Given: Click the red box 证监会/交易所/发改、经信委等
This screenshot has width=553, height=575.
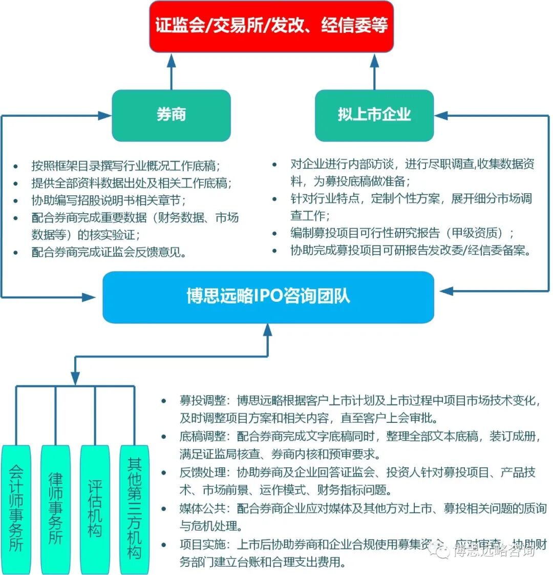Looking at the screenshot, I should (x=271, y=26).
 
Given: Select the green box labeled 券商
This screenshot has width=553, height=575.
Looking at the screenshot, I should (x=171, y=115).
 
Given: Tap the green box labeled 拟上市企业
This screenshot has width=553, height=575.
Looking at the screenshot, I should (x=374, y=115).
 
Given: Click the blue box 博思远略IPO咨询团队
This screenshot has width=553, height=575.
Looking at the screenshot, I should (x=268, y=297).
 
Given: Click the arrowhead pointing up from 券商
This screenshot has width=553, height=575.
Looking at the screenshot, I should (x=171, y=60).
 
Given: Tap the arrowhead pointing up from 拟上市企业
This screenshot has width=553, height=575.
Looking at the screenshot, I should (x=374, y=60).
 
